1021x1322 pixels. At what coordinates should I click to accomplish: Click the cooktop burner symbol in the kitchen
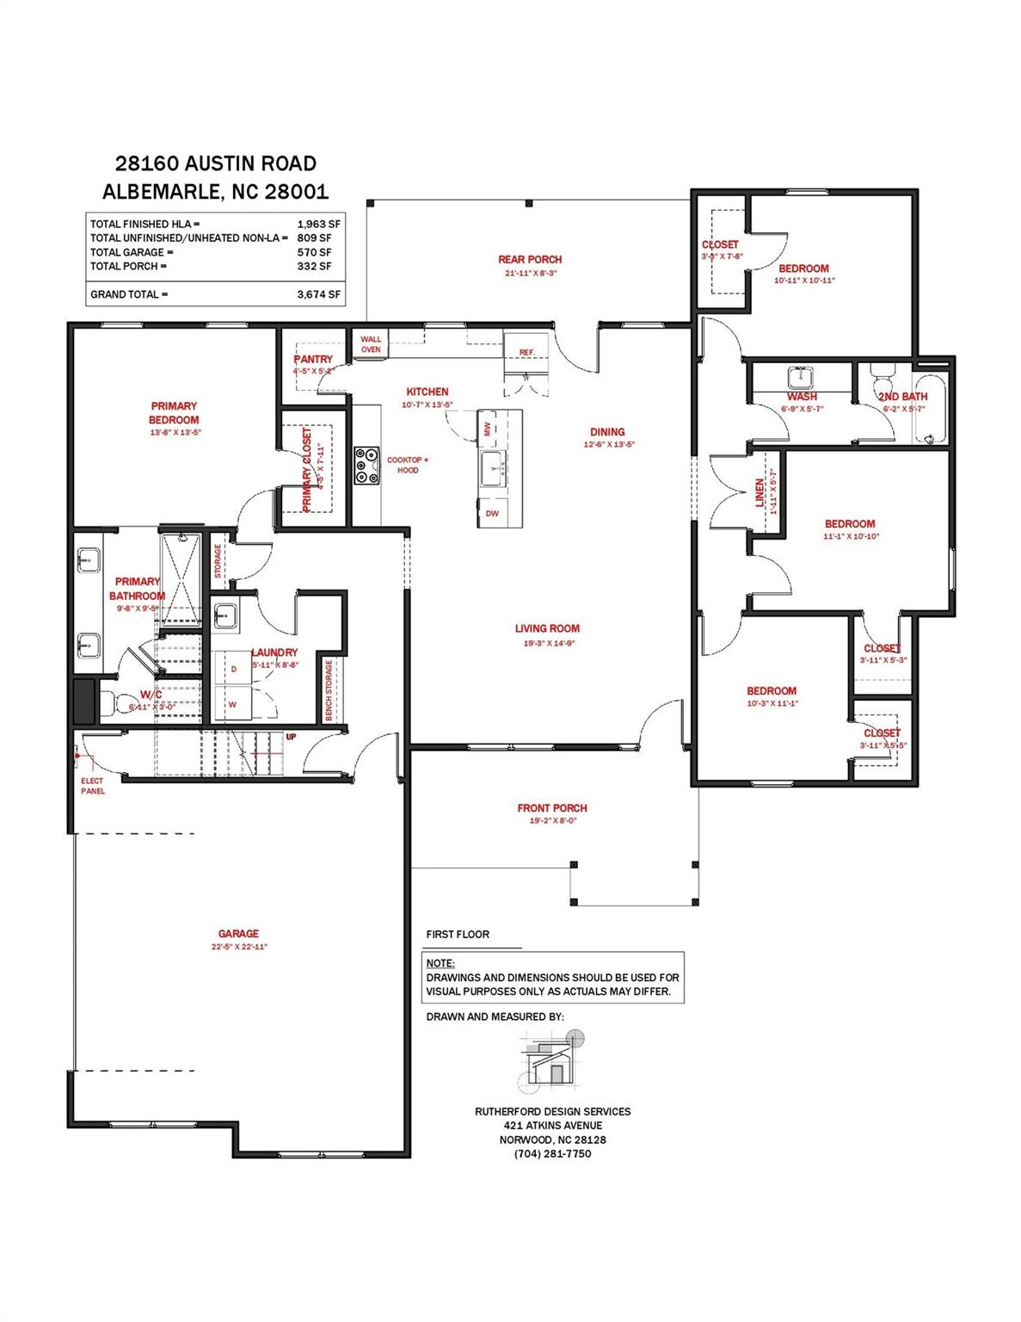[366, 466]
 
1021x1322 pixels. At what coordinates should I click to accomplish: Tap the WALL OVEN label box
[371, 344]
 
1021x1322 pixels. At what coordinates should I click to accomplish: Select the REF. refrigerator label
[526, 353]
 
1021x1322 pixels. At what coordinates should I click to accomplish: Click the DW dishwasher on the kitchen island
[492, 513]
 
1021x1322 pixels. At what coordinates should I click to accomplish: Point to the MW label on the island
[487, 428]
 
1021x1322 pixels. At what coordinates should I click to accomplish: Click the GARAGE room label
[238, 934]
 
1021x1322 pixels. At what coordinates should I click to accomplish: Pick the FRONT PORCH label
[552, 808]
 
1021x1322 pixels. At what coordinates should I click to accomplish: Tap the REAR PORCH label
[530, 259]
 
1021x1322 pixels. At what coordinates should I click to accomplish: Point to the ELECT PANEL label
[93, 786]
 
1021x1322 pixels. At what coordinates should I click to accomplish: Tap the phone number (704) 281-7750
[552, 1153]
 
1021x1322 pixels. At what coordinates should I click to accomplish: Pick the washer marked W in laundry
[232, 704]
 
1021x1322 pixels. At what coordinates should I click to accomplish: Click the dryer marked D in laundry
[233, 669]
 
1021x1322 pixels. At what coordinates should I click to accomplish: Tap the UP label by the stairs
[292, 738]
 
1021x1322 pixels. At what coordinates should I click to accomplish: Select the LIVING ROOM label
[547, 629]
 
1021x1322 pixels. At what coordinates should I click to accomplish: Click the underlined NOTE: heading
[440, 964]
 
